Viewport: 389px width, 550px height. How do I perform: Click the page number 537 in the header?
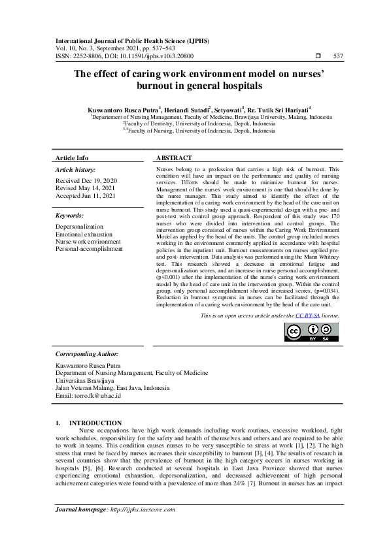338,56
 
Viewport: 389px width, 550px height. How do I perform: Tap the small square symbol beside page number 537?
318,56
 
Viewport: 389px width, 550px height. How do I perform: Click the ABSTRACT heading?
175,158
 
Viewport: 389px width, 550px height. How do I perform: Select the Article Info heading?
72,158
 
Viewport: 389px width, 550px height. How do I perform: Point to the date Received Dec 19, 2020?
86,180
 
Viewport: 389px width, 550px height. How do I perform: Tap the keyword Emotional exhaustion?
84,234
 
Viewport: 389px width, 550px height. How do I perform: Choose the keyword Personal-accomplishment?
89,249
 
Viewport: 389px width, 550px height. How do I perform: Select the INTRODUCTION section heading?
95,423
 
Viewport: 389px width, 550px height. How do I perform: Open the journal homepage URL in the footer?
143,510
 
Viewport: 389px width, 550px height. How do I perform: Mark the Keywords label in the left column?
69,215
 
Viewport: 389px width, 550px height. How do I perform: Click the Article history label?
76,169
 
